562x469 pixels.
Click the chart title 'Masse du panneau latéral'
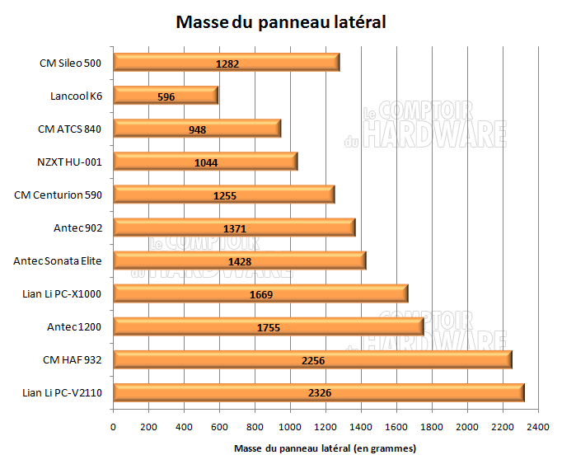[280, 22]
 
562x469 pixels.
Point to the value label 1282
[227, 63]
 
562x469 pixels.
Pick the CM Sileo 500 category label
[70, 63]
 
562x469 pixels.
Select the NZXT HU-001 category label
[70, 162]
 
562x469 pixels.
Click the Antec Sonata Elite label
[58, 260]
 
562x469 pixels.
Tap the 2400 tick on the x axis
[537, 427]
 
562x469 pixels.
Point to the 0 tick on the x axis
[113, 427]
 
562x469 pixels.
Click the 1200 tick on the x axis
[325, 427]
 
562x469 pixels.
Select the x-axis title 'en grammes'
[325, 448]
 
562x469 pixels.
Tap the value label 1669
[260, 294]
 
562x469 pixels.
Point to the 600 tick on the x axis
[219, 427]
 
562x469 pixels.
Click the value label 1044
[205, 162]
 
